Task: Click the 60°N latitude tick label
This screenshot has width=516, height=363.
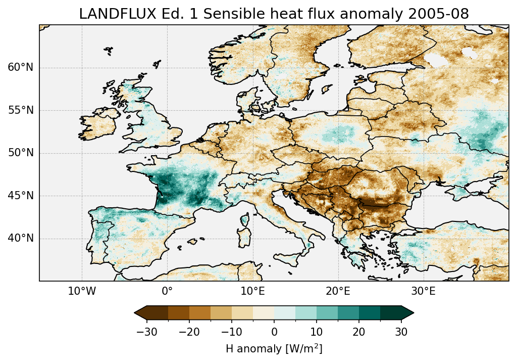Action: [x=20, y=68]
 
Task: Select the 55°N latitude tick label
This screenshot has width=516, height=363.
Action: [x=20, y=110]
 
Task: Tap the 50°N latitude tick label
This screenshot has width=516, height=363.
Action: [x=20, y=153]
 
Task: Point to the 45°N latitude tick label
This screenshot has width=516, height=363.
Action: [x=20, y=196]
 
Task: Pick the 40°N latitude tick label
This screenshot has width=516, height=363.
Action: [x=20, y=238]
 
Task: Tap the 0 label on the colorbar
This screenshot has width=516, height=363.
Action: [x=274, y=332]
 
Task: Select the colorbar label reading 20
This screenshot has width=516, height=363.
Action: [x=359, y=332]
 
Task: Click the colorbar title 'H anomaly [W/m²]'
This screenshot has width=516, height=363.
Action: [x=274, y=349]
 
